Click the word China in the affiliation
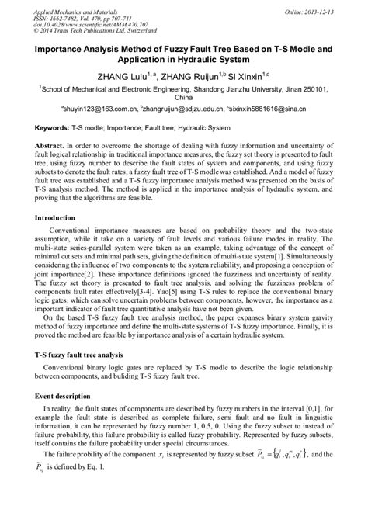(x=183, y=99)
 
